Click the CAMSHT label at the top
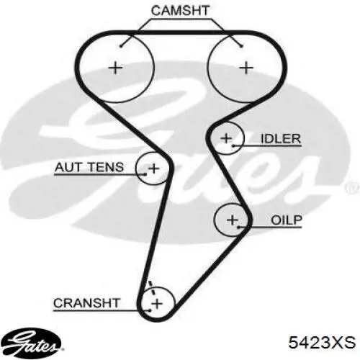point(180,11)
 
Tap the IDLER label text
point(281,139)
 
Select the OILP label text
point(287,220)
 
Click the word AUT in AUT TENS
point(68,167)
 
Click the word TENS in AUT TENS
point(105,167)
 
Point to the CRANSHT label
point(86,303)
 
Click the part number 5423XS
point(322,342)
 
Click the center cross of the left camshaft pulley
point(115,68)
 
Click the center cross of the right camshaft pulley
point(246,68)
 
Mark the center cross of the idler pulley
point(226,138)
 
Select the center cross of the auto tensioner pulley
point(153,168)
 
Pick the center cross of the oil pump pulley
point(233,220)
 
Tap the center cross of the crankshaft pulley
point(157,304)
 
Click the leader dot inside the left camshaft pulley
point(121,46)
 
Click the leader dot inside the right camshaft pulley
point(242,46)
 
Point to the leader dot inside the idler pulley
point(233,145)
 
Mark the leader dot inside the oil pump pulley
point(238,227)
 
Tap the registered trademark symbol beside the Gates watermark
point(353,188)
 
